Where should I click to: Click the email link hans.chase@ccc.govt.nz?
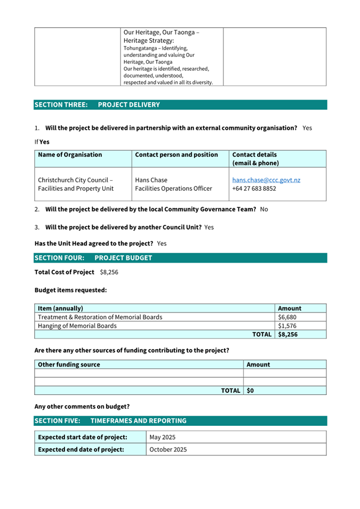[266, 180]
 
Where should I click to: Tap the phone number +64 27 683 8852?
[254, 189]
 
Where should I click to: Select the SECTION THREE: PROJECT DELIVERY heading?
[97, 105]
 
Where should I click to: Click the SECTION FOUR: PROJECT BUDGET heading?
[93, 258]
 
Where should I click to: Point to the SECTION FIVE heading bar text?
[110, 421]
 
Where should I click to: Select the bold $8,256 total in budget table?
[289, 334]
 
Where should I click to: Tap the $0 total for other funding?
[251, 391]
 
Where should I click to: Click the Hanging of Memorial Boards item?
[77, 326]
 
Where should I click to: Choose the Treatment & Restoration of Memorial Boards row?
[100, 317]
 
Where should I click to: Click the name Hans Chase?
[151, 180]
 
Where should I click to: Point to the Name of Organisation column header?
[70, 155]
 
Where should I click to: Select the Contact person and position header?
[177, 155]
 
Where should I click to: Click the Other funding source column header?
[69, 365]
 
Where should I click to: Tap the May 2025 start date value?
[163, 438]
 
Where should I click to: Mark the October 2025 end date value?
[168, 449]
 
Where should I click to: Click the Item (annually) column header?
[60, 308]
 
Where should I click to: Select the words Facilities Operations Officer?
[173, 189]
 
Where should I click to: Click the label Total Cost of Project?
[64, 272]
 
